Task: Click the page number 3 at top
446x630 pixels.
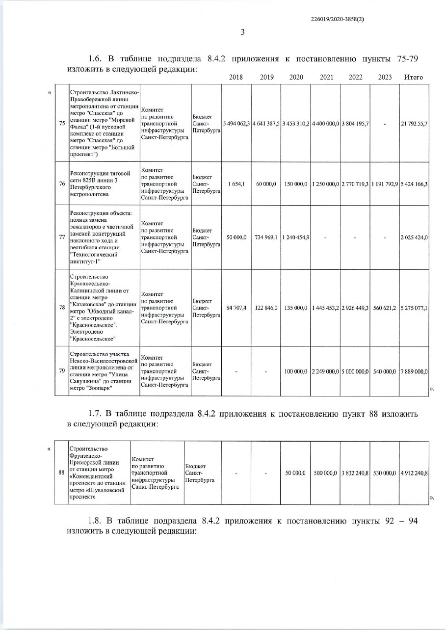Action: pyautogui.click(x=242, y=33)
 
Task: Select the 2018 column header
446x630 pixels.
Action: pyautogui.click(x=236, y=78)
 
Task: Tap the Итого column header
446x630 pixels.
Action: pyautogui.click(x=413, y=78)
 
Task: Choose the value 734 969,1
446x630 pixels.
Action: pyautogui.click(x=266, y=237)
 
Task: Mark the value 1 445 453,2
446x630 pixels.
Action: pyautogui.click(x=325, y=308)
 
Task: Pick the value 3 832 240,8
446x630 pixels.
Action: pyautogui.click(x=355, y=473)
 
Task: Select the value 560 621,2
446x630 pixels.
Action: pyautogui.click(x=385, y=308)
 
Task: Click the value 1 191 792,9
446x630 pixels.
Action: pyautogui.click(x=385, y=184)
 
